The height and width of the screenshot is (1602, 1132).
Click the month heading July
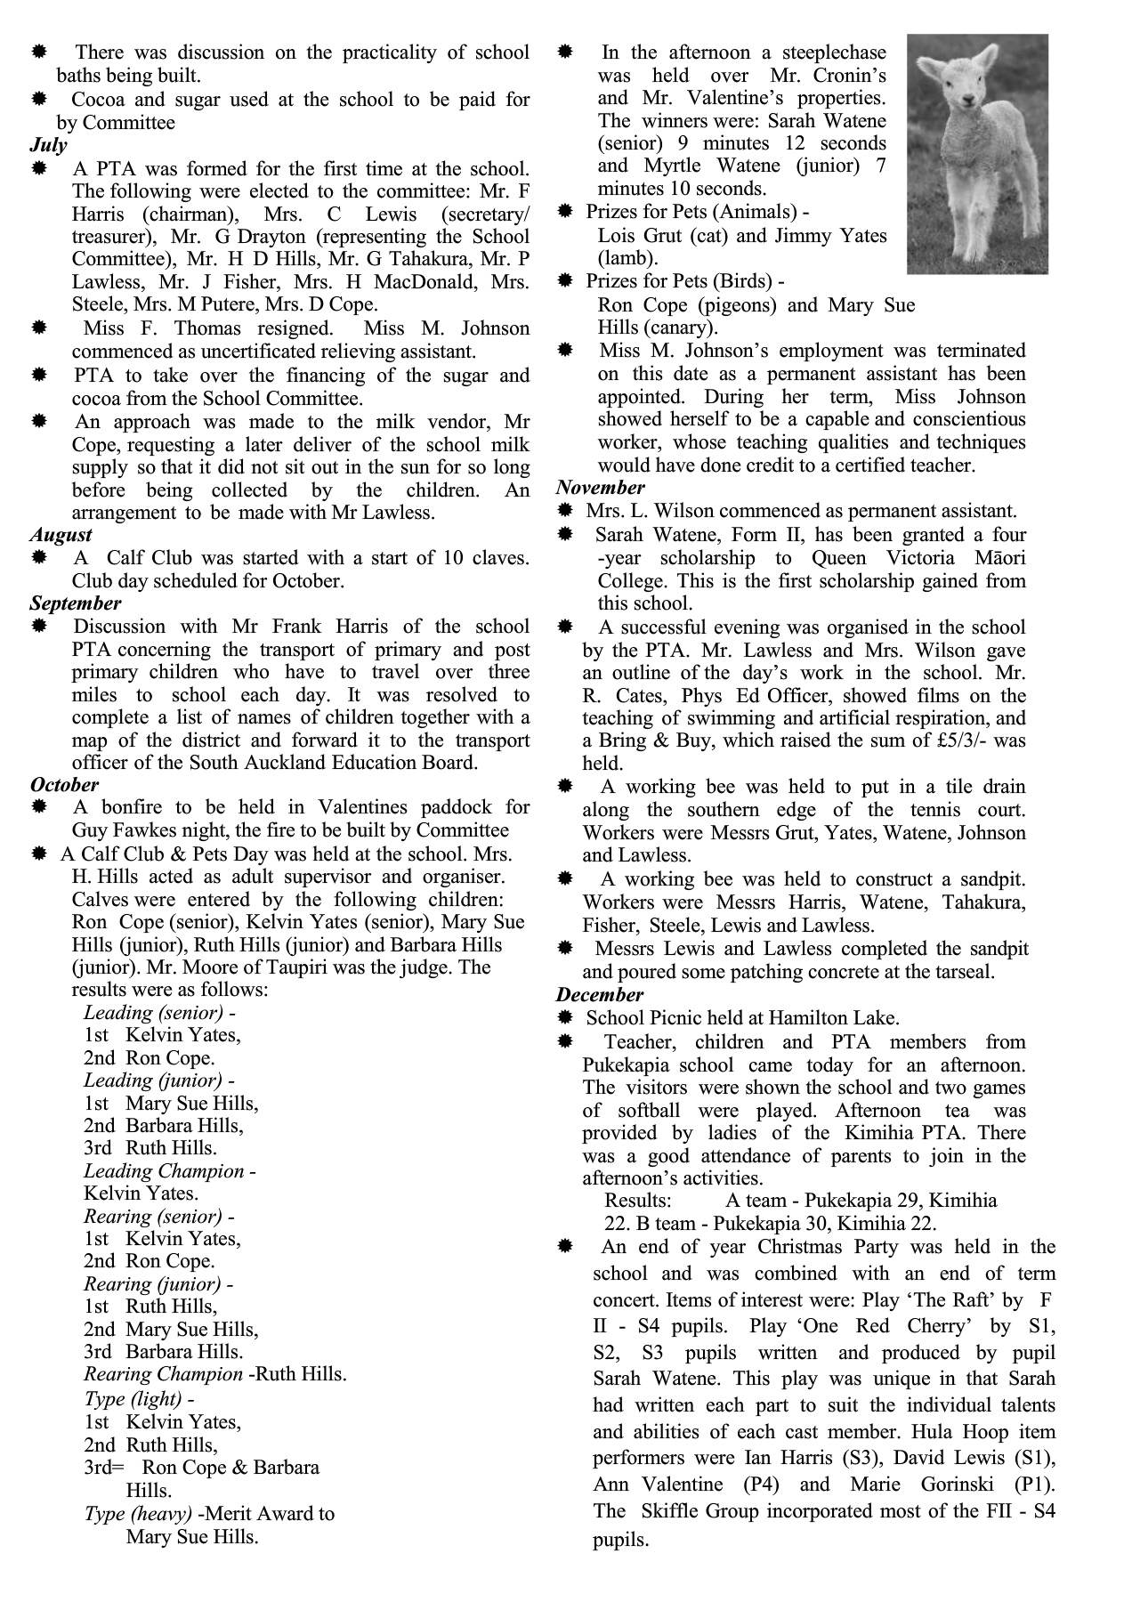coord(48,145)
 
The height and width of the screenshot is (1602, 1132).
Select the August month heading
coord(61,535)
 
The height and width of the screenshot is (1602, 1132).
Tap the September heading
coord(75,603)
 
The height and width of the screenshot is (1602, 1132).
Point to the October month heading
coord(64,785)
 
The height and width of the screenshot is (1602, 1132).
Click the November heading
coord(600,488)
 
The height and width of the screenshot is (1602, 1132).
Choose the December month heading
coord(599,995)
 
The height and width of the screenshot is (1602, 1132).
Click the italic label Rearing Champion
coord(163,1374)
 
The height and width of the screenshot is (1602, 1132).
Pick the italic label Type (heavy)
coord(138,1514)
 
